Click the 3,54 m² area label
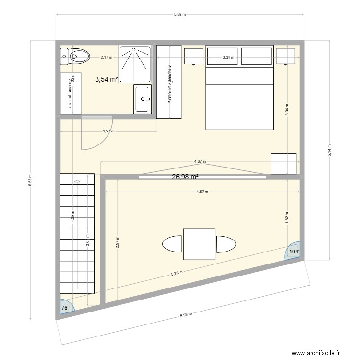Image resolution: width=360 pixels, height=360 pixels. pos(107,80)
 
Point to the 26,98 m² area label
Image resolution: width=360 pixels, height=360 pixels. pos(185,177)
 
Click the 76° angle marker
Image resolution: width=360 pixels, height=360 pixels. pos(65,308)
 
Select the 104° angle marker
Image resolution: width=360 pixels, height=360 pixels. pos(294,251)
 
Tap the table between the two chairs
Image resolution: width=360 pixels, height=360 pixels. pos(199,244)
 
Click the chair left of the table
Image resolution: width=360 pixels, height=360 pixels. pos(172,244)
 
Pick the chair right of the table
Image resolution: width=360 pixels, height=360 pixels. pos(226,244)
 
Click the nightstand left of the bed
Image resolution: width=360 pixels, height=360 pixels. pos(193,57)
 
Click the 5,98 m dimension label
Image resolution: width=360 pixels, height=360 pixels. pos(186,315)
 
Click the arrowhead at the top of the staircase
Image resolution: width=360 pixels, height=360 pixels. pos(76,181)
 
